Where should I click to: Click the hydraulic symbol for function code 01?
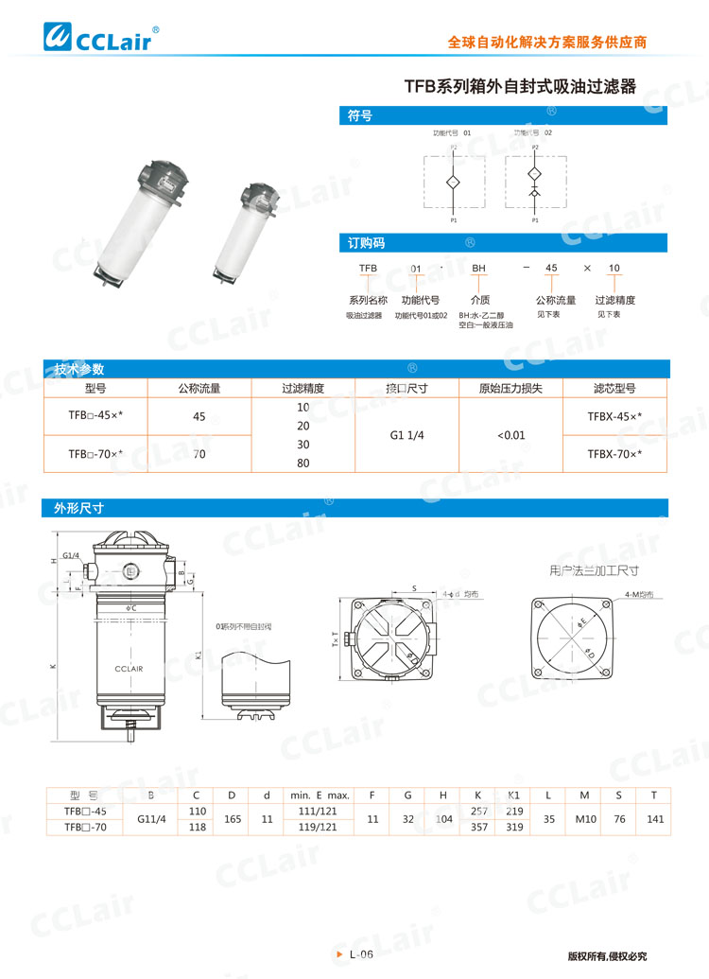[x=453, y=180]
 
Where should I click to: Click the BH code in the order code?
[x=479, y=269]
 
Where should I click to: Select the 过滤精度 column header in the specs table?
[x=303, y=388]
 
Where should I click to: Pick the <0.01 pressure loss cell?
[x=510, y=436]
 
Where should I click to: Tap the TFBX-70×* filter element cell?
[x=614, y=454]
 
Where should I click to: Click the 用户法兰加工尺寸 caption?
[x=594, y=570]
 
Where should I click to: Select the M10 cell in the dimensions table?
[x=584, y=818]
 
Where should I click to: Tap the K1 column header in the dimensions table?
[x=513, y=795]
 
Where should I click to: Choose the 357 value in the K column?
[x=479, y=826]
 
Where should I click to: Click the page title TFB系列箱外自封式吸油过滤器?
[x=520, y=87]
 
